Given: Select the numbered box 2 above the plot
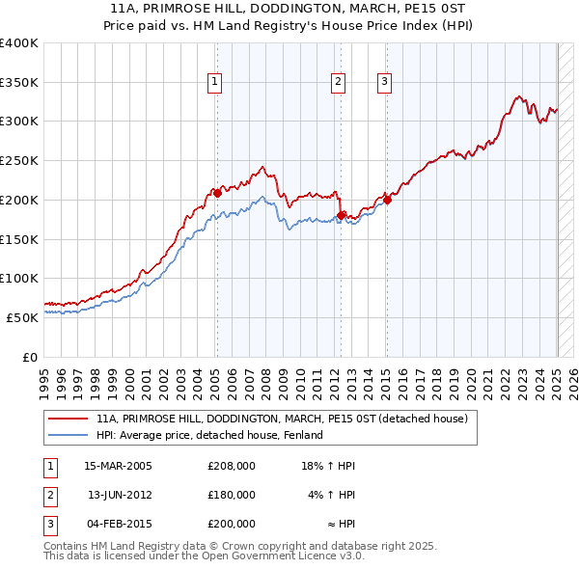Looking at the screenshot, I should [339, 83].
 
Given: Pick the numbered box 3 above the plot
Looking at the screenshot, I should [384, 83].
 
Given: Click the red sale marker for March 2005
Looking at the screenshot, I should [217, 193].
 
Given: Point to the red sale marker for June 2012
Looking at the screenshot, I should [342, 215].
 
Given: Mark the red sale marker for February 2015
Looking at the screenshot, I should [387, 200].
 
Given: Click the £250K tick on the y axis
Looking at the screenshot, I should [19, 160].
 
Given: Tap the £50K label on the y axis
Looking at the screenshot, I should [23, 317].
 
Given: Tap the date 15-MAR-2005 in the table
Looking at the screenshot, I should [119, 466].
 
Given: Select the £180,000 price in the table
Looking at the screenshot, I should [232, 495].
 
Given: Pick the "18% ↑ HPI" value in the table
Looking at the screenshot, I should [329, 466].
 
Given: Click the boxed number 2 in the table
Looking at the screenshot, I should [48, 495].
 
